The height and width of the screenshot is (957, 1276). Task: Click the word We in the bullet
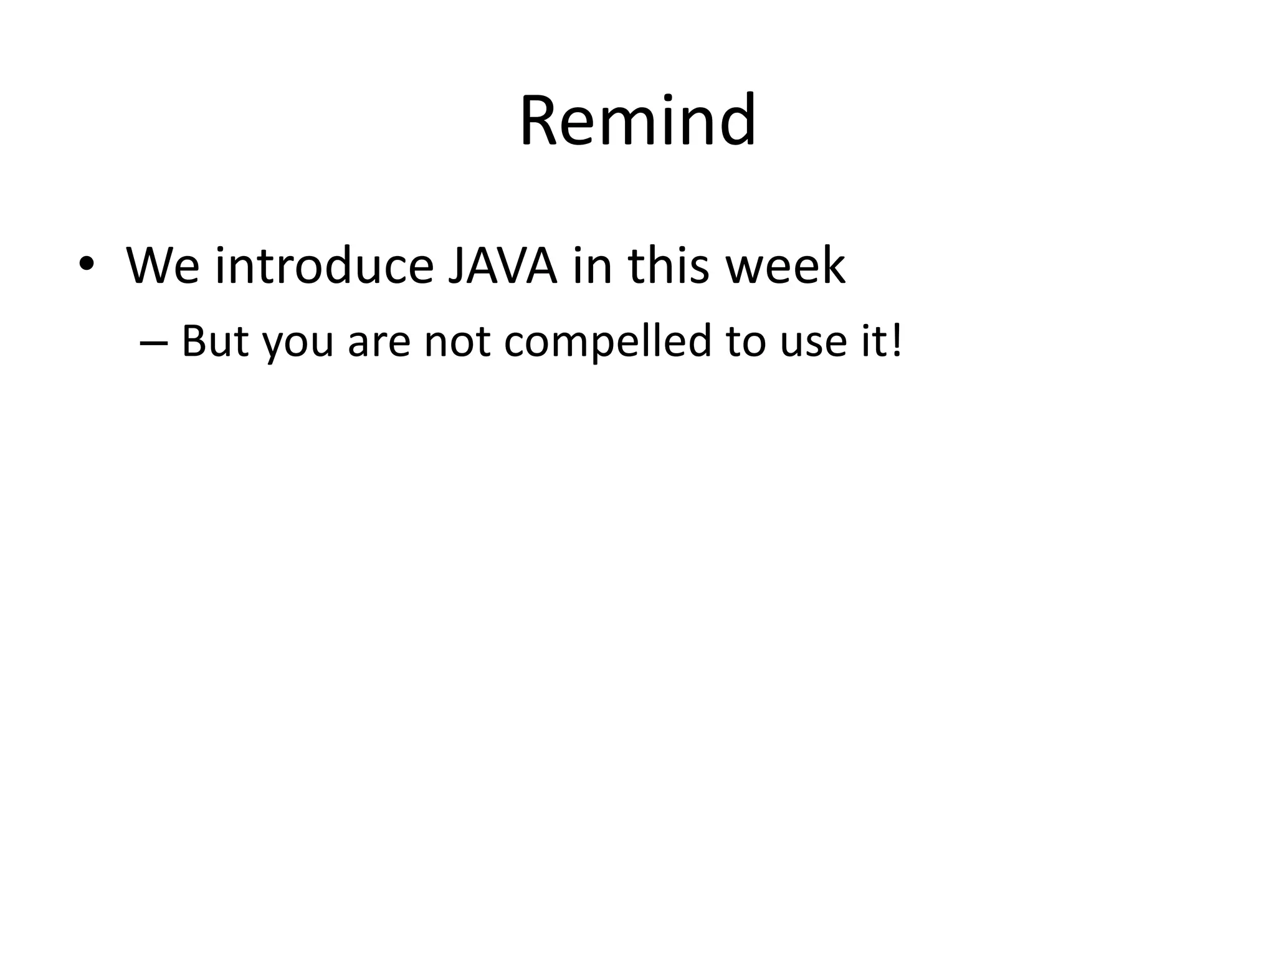pos(163,266)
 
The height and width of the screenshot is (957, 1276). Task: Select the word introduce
pos(324,266)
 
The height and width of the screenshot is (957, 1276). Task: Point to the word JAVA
pos(502,266)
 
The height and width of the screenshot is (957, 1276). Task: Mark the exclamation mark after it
pos(897,341)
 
